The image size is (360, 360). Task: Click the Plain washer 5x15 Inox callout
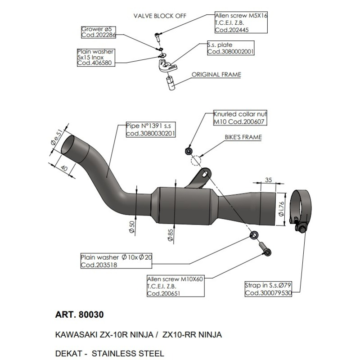tap(95, 58)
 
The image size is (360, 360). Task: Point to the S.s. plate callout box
tap(230, 49)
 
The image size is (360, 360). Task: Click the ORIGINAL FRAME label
tap(216, 75)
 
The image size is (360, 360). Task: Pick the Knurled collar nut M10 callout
tap(239, 118)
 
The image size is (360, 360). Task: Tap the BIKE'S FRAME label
tap(243, 136)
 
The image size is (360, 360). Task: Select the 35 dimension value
tap(269, 180)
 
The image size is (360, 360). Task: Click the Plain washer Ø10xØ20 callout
tap(117, 261)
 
